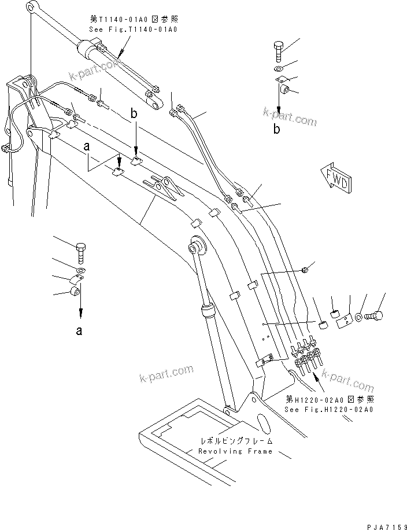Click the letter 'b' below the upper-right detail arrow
pos(277,129)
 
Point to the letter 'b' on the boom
pos(134,116)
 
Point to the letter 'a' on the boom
pos(87,148)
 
